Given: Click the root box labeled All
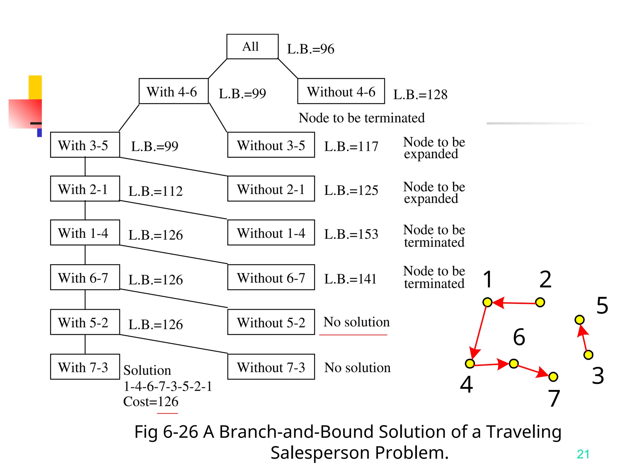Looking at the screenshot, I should (x=252, y=47).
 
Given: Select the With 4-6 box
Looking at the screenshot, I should (x=174, y=91).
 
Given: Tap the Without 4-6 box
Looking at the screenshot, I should (x=341, y=91).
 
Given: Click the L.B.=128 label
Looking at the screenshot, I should (x=420, y=94).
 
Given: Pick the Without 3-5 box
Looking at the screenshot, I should (x=271, y=145).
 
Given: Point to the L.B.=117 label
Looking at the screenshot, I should (x=351, y=146).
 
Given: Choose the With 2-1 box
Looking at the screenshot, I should (x=85, y=189).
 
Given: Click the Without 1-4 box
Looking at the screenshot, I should (x=271, y=233).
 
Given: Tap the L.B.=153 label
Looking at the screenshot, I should (x=351, y=234).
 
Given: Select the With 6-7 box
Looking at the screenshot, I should (x=85, y=278).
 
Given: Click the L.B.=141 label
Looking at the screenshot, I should (x=350, y=279).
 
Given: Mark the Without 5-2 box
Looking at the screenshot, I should (x=271, y=322).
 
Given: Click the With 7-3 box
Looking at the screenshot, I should (x=85, y=367).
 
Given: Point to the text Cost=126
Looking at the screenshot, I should (x=151, y=401).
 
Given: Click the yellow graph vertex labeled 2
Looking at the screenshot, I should (x=540, y=302).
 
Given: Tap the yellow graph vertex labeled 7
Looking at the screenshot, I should (x=553, y=377).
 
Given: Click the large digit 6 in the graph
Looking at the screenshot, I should (x=519, y=337).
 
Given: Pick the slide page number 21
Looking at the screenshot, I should (x=583, y=454).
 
